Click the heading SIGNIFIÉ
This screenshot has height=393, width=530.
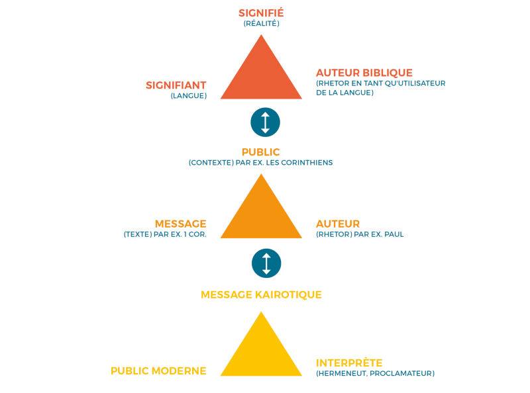pyautogui.click(x=261, y=13)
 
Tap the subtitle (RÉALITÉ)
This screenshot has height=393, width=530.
pyautogui.click(x=261, y=23)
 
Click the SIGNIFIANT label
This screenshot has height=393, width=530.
pyautogui.click(x=176, y=85)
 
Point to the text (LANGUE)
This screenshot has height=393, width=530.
pyautogui.click(x=189, y=95)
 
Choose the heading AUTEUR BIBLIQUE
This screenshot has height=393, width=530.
pyautogui.click(x=364, y=73)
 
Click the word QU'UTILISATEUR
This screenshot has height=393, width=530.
pyautogui.click(x=415, y=83)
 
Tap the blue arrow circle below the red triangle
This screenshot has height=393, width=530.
pyautogui.click(x=266, y=122)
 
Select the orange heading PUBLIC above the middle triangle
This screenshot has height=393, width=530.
pyautogui.click(x=260, y=152)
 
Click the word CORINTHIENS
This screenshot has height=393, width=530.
pyautogui.click(x=307, y=162)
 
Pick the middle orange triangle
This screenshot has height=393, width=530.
pyautogui.click(x=261, y=212)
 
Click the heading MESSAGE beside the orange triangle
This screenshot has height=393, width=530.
pyautogui.click(x=180, y=224)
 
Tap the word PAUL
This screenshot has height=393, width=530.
pyautogui.click(x=394, y=234)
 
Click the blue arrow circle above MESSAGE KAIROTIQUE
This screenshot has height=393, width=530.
pyautogui.click(x=266, y=263)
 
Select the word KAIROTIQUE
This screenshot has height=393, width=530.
pyautogui.click(x=288, y=295)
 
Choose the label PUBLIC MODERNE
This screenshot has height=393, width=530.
pyautogui.click(x=158, y=371)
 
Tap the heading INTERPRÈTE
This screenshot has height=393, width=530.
pyautogui.click(x=349, y=363)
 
